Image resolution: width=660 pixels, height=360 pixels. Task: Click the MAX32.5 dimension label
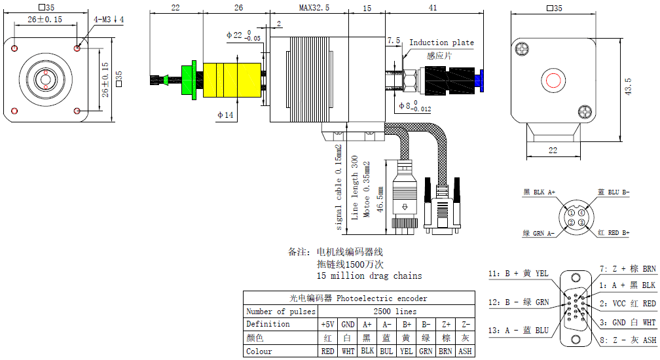click(314, 8)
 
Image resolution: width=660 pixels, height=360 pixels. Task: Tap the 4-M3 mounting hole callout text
click(109, 20)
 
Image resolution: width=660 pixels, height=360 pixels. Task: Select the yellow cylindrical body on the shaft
click(232, 80)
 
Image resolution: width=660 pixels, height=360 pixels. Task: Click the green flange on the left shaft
click(189, 80)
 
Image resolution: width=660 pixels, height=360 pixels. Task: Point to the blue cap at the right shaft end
click(479, 81)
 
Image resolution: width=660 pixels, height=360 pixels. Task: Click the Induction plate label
click(441, 43)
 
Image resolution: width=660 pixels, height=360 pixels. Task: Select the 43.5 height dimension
click(628, 86)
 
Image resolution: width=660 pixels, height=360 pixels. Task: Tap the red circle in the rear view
click(553, 80)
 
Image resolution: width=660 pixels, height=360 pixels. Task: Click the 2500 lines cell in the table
click(395, 311)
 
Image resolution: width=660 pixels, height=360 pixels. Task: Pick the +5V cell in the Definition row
click(327, 324)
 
